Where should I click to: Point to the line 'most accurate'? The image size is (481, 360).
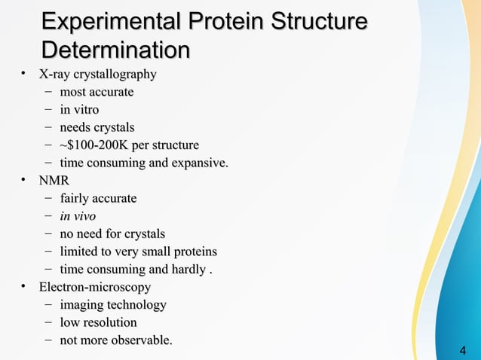[97, 92]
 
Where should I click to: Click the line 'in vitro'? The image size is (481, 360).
[79, 110]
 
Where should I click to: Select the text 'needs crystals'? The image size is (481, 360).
[97, 127]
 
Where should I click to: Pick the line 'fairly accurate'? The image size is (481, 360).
[98, 198]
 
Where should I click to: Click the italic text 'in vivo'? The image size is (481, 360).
[78, 216]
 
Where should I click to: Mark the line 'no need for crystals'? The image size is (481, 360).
[112, 233]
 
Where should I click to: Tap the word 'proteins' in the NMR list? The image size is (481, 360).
[193, 252]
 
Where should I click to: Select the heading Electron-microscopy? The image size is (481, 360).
[95, 287]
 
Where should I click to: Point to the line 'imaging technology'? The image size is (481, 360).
[113, 305]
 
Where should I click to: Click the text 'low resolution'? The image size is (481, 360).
[98, 322]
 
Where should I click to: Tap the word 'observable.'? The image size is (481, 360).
[141, 340]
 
